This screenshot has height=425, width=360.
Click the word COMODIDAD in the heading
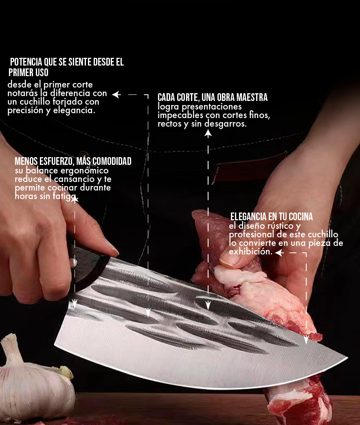112,161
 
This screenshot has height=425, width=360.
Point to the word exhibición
250,252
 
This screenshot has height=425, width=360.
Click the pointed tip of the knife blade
347,358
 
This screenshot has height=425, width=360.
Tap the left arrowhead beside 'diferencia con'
116,94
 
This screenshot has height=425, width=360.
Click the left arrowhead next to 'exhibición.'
279,253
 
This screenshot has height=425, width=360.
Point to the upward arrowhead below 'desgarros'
208,134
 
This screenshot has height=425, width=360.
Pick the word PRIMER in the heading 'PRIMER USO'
21,72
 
